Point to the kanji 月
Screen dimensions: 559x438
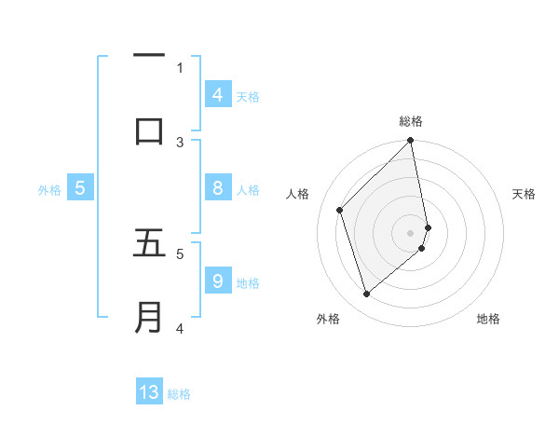[x=149, y=316]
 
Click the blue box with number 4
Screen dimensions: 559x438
[x=217, y=94]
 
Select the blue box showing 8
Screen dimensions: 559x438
[x=217, y=188]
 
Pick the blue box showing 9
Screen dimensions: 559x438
[x=217, y=281]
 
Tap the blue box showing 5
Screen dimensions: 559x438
[x=80, y=188]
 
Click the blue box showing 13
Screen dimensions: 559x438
[x=149, y=392]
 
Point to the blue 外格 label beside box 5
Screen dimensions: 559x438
[x=49, y=189]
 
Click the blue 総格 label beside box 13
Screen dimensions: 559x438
[x=179, y=393]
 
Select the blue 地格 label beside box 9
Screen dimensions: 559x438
[x=248, y=282]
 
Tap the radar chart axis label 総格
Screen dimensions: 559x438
[x=411, y=121]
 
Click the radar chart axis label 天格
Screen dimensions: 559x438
[x=524, y=194]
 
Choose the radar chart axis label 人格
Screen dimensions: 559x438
[x=298, y=194]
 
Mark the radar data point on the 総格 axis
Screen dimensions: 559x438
[x=411, y=141]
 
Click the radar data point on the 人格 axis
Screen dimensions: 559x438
[x=340, y=210]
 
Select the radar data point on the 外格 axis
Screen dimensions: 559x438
[x=367, y=294]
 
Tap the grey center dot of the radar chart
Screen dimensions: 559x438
[x=411, y=232]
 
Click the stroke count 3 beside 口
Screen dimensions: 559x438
[x=180, y=142]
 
